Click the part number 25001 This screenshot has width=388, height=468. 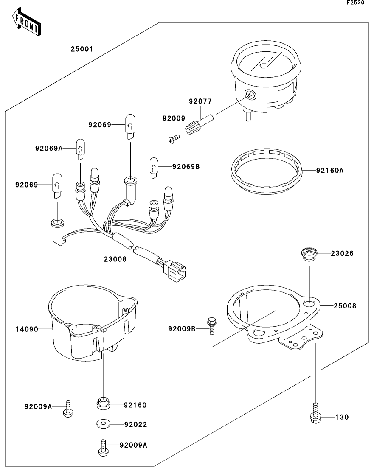pyautogui.click(x=82, y=49)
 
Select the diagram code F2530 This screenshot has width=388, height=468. pyautogui.click(x=355, y=3)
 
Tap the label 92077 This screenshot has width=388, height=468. pyautogui.click(x=200, y=102)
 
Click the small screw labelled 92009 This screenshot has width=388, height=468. pyautogui.click(x=174, y=137)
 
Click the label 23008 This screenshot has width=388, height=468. pyautogui.click(x=115, y=258)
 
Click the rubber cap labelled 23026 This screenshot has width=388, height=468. pyautogui.click(x=309, y=254)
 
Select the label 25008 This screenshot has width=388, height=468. pyautogui.click(x=345, y=305)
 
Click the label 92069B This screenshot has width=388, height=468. pyautogui.click(x=186, y=166)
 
